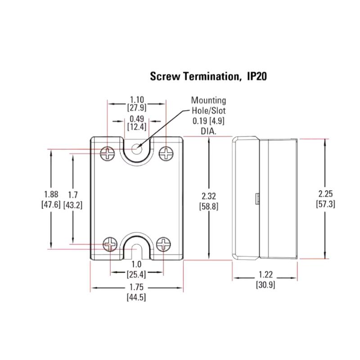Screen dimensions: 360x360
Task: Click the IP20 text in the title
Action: pyautogui.click(x=256, y=76)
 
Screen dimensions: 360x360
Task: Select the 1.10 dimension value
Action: pyautogui.click(x=136, y=99)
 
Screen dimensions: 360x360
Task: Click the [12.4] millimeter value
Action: pyautogui.click(x=136, y=127)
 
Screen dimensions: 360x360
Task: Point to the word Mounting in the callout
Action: pyautogui.click(x=208, y=100)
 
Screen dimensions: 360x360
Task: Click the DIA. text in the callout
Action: pyautogui.click(x=208, y=131)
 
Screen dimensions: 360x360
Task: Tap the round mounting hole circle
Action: pyautogui.click(x=137, y=147)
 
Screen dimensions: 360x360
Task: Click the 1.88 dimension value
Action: pyautogui.click(x=51, y=194)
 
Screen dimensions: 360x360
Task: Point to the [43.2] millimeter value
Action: pyautogui.click(x=73, y=204)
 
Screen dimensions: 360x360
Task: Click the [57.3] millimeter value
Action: pyautogui.click(x=325, y=204)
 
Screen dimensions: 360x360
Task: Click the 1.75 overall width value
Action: pyautogui.click(x=136, y=288)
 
